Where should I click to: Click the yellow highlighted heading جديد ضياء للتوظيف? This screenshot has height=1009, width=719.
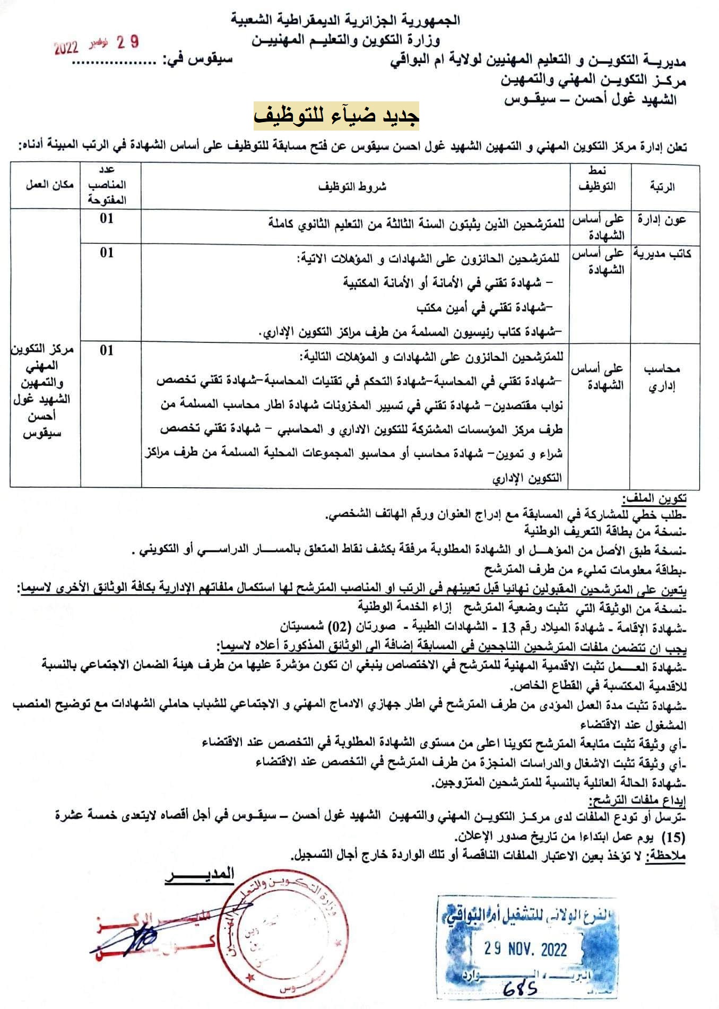click(336, 116)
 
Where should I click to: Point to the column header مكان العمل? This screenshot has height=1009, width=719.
click(46, 185)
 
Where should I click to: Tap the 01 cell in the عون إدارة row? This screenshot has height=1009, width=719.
click(107, 219)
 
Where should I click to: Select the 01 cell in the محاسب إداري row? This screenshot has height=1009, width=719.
click(107, 350)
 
